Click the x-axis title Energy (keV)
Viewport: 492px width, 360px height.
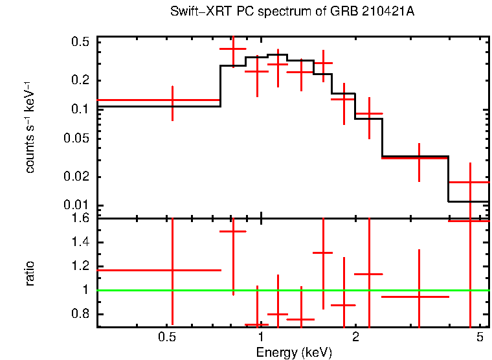tap(294, 353)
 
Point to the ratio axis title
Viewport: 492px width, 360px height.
tap(30, 273)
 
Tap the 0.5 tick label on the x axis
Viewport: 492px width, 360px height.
tap(167, 337)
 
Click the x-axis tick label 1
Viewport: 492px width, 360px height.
tap(260, 337)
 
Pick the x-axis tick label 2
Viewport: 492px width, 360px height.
tap(355, 337)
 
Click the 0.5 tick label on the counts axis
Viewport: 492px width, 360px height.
tap(82, 42)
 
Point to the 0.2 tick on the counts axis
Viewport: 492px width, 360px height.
tap(82, 80)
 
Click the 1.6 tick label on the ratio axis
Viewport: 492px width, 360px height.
tap(82, 218)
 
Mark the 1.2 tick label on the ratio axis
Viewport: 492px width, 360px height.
tap(82, 266)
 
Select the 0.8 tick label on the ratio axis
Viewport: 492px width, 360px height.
tap(82, 315)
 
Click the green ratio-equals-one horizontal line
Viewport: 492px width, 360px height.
tap(291, 290)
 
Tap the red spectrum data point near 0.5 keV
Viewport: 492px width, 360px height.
tap(172, 100)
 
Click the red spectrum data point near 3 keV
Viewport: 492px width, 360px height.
tap(419, 158)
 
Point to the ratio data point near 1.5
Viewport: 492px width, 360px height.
tap(234, 231)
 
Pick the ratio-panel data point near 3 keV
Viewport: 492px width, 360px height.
tap(419, 297)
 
